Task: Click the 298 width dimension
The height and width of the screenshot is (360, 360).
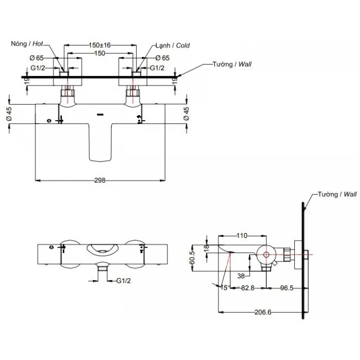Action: click(101, 180)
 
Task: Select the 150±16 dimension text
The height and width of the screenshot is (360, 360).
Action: click(100, 45)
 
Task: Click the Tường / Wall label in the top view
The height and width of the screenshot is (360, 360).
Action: click(232, 64)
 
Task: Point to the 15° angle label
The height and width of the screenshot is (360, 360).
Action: click(225, 288)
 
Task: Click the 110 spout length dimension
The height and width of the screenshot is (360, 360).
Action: click(241, 235)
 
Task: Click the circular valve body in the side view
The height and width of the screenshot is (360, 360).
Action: click(266, 254)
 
